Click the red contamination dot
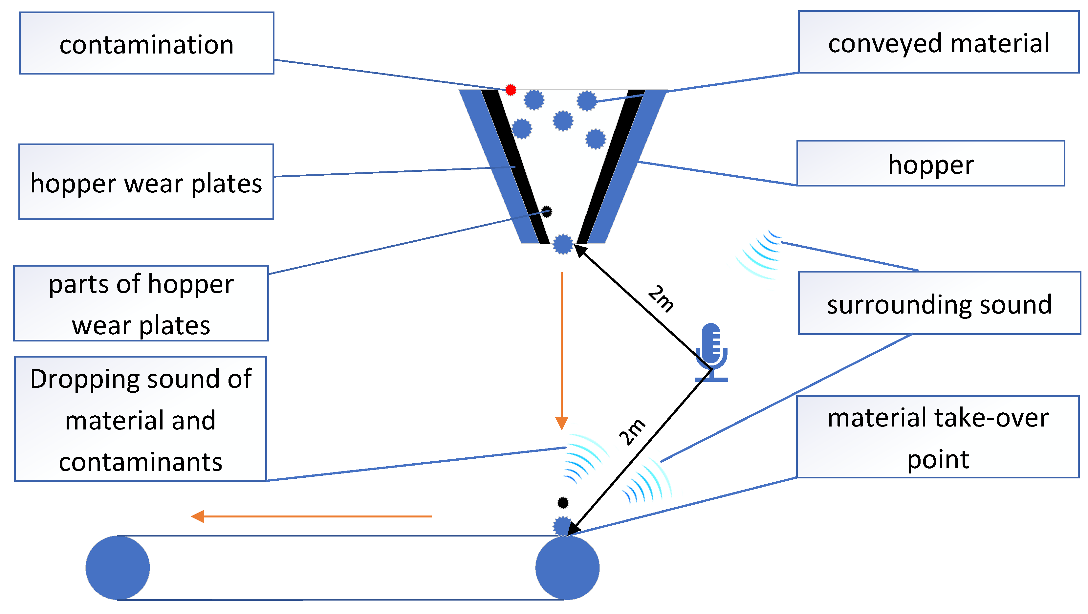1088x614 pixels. (511, 90)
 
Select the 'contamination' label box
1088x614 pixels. (146, 43)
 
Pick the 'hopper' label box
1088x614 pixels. (930, 164)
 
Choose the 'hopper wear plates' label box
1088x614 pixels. (146, 182)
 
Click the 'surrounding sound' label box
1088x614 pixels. (939, 303)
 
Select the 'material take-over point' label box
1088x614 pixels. (937, 437)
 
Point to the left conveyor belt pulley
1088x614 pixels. (118, 568)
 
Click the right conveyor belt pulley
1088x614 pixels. (567, 568)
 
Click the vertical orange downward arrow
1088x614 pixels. (561, 350)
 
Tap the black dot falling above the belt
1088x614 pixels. (563, 502)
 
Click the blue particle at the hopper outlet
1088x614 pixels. (563, 244)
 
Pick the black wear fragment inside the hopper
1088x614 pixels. (547, 211)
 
